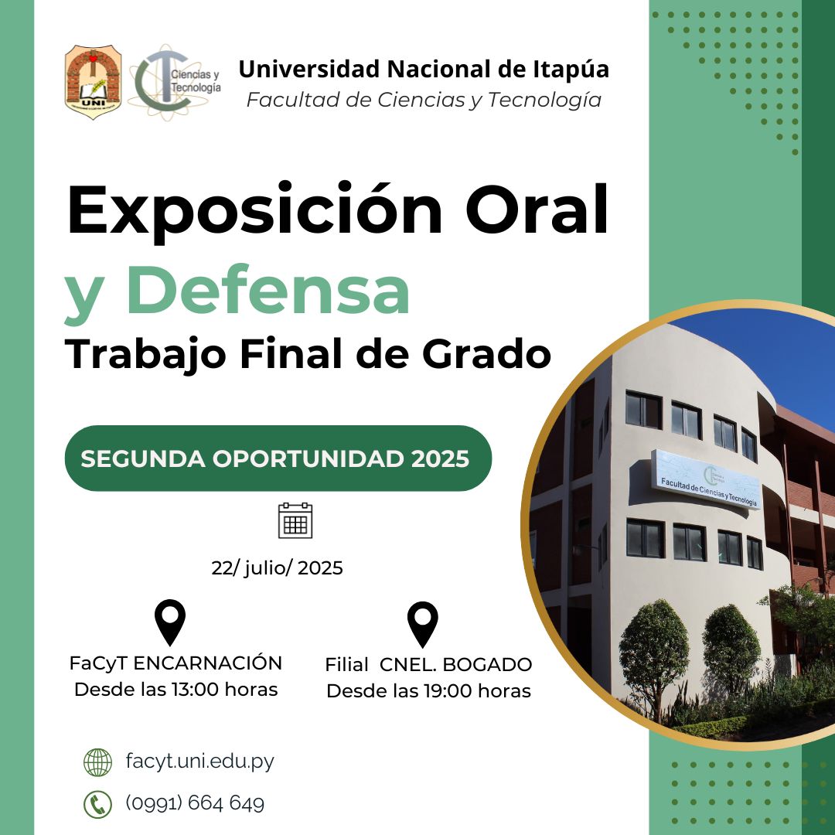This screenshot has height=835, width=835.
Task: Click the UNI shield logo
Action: (x=94, y=82)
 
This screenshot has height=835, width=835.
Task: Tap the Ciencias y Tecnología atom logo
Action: (x=175, y=82)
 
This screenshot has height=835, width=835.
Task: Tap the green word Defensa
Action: (x=268, y=290)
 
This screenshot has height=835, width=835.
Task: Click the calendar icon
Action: (x=295, y=520)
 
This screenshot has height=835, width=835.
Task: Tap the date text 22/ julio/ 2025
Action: (x=277, y=568)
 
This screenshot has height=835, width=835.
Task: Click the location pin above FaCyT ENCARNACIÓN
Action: (x=170, y=622)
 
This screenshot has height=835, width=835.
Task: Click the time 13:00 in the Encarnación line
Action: (x=195, y=689)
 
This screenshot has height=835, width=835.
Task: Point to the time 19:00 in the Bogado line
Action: (x=448, y=690)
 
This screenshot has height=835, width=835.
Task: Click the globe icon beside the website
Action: (x=97, y=762)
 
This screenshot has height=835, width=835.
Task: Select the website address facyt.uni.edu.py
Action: (x=199, y=761)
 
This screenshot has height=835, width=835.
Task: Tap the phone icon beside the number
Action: (x=97, y=804)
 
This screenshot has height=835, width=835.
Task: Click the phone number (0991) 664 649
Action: (x=195, y=803)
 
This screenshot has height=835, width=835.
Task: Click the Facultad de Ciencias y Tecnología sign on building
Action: (x=707, y=479)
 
